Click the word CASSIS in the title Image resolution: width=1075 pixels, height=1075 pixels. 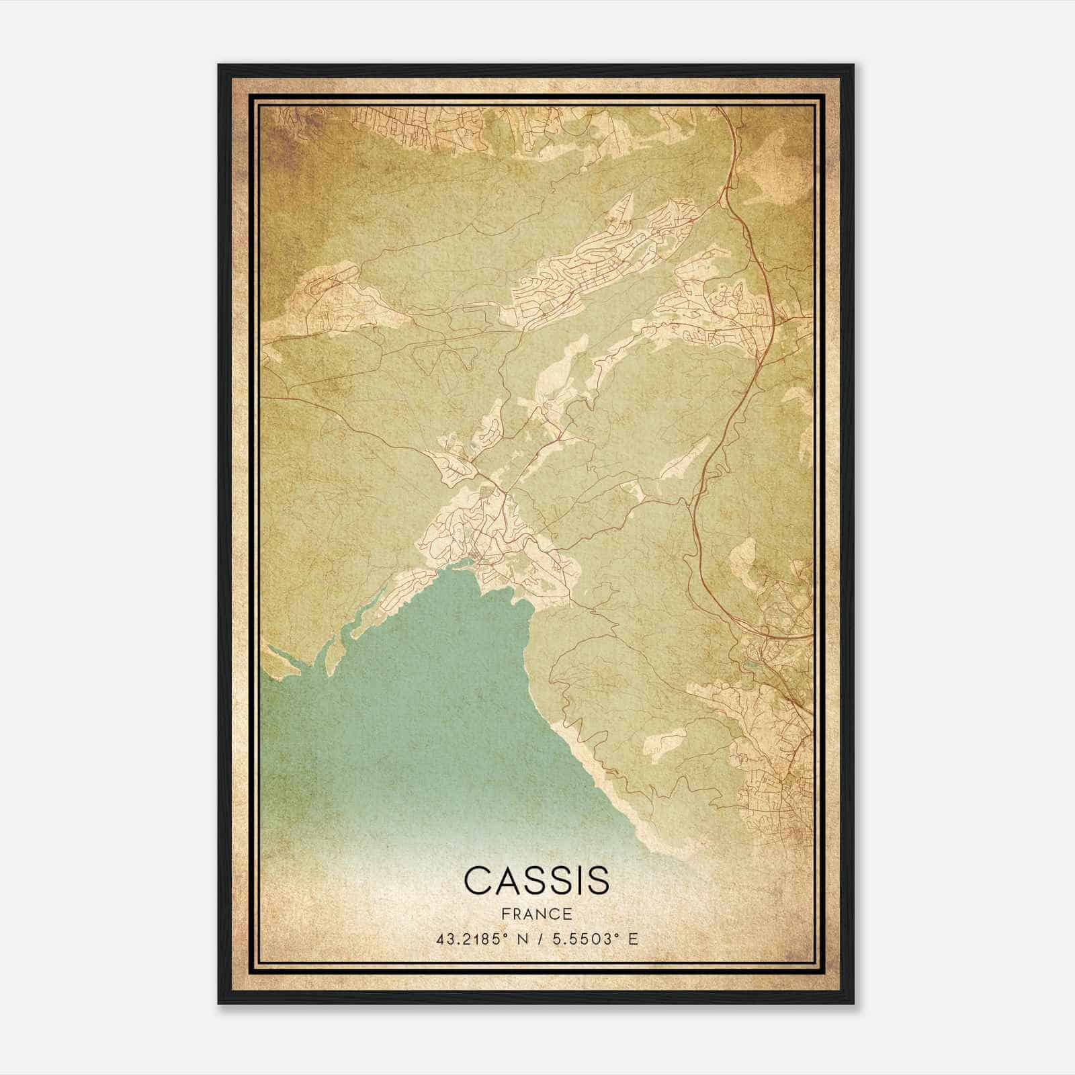click(x=536, y=880)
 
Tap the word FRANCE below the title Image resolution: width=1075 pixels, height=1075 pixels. click(x=536, y=914)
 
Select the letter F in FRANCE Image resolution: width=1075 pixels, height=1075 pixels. click(x=505, y=914)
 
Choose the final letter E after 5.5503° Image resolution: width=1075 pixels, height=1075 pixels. click(x=632, y=939)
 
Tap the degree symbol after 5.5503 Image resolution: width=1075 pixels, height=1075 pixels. click(x=618, y=935)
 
